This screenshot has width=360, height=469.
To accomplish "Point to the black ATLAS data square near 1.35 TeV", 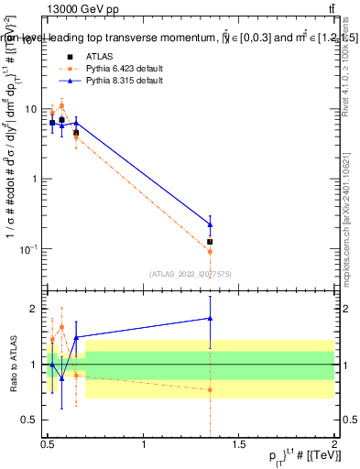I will coord(211,242).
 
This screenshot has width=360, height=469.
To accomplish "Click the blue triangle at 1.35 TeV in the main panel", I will coord(211,224).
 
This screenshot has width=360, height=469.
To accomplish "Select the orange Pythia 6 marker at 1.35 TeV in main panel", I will coord(211,251).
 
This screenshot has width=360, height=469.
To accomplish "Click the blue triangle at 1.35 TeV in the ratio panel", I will coord(211,319).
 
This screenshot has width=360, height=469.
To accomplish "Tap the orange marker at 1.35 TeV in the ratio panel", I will coord(211,389).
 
